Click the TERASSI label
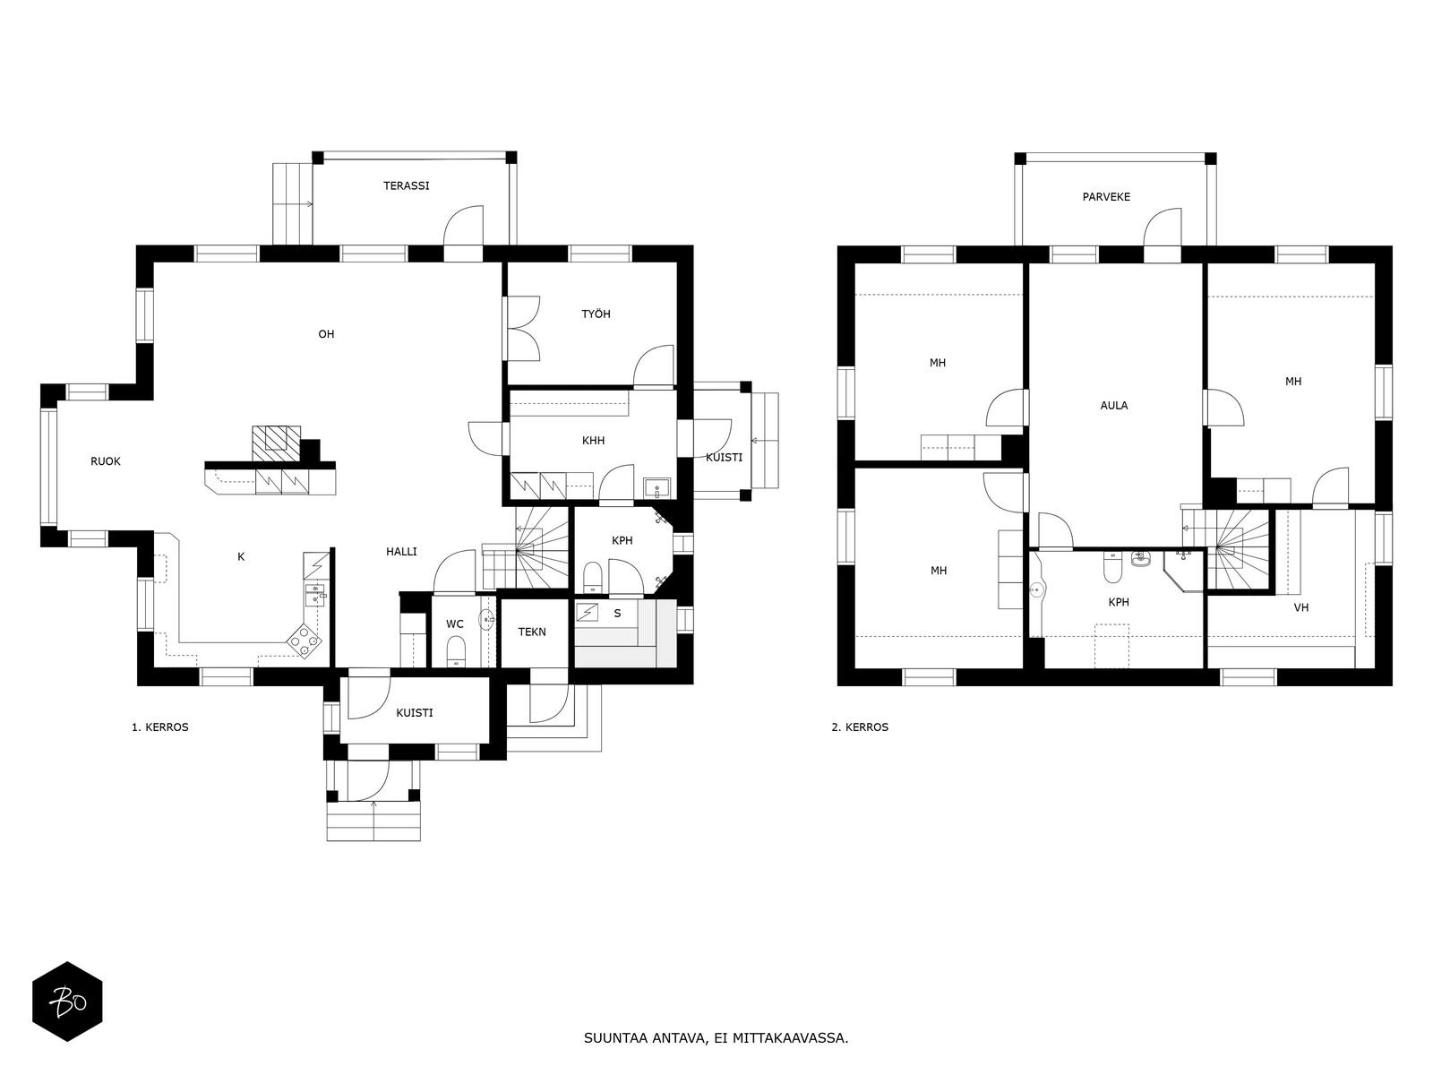coord(406,186)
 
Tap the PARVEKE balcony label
coord(1106,197)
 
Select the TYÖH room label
coord(596,314)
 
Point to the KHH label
coord(594,441)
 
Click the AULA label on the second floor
coord(1114,405)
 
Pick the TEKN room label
coord(532,632)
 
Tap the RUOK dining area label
coord(106,461)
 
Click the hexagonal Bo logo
coord(67,1002)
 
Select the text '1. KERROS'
coord(160,727)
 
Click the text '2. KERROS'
coord(860,727)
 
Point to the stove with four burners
coord(305,640)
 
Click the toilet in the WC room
coord(456,650)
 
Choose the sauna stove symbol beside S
coord(588,613)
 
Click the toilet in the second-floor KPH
coord(1112,567)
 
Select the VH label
coord(1301,607)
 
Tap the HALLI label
coord(401,552)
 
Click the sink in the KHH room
coord(655,487)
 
